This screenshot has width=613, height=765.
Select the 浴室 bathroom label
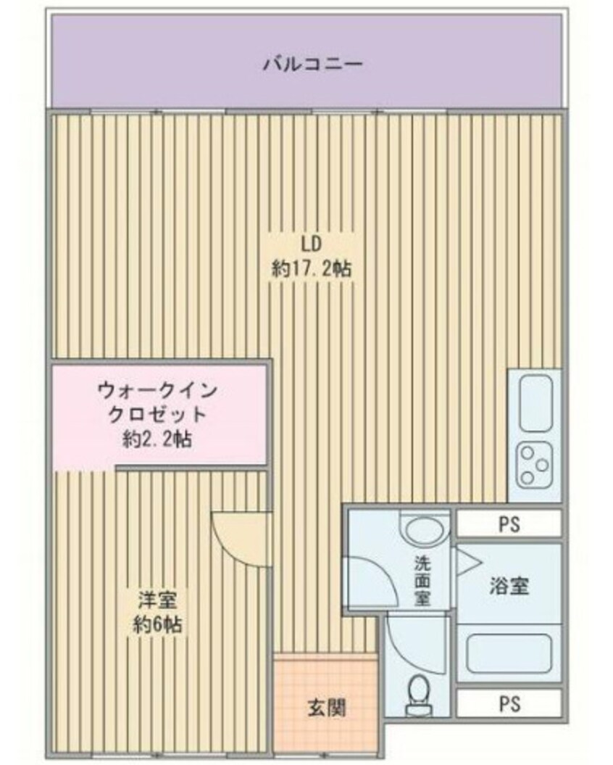(509, 586)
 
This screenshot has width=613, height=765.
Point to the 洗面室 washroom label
(422, 579)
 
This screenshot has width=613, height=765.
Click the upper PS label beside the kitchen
(509, 524)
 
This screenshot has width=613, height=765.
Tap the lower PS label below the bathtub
(509, 703)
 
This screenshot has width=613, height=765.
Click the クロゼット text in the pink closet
(157, 415)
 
